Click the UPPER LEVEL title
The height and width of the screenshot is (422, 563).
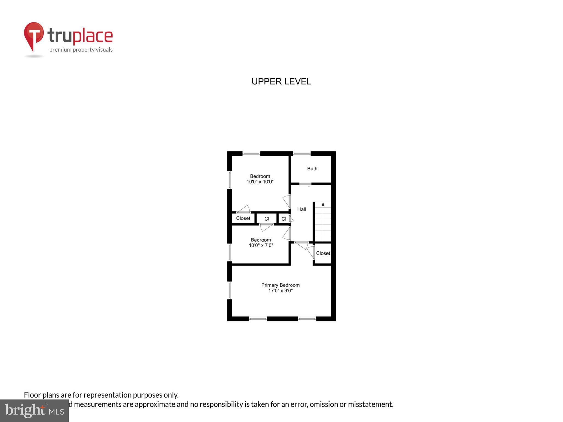click(x=281, y=82)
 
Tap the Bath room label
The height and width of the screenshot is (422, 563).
click(x=312, y=169)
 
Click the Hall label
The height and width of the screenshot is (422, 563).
click(x=302, y=209)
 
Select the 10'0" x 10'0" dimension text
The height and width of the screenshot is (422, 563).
click(x=260, y=182)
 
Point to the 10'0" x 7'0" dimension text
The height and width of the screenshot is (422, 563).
click(x=261, y=246)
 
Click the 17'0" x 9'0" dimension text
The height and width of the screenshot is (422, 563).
click(x=280, y=291)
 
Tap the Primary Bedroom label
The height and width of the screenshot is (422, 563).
click(x=280, y=285)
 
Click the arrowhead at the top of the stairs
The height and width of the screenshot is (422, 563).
click(x=323, y=204)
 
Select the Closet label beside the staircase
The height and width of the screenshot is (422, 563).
click(x=323, y=253)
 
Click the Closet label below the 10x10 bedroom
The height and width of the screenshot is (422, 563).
click(x=243, y=218)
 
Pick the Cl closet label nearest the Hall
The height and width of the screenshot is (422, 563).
click(x=284, y=219)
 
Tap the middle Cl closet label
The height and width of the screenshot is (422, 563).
click(x=267, y=219)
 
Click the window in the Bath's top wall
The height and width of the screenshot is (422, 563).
click(x=302, y=154)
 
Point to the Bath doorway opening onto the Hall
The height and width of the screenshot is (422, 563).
click(x=305, y=184)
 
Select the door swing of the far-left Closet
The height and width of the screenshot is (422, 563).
click(x=244, y=209)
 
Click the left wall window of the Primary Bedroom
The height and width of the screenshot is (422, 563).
click(x=230, y=290)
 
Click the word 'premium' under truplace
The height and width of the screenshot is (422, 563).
click(x=60, y=50)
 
